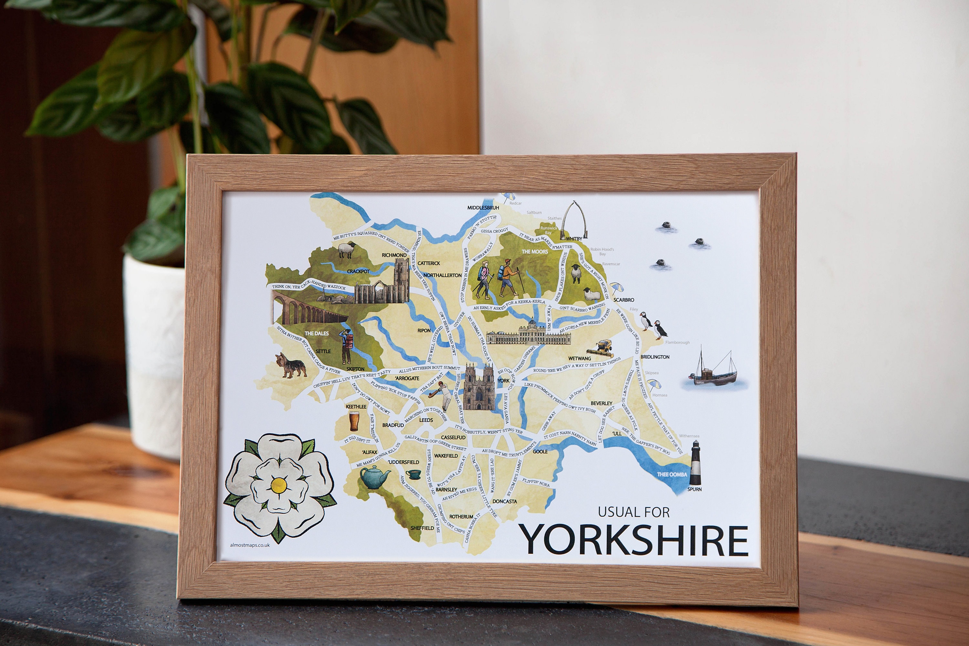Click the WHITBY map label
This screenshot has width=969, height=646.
tap(574, 239)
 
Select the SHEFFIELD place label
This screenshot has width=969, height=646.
tap(422, 528)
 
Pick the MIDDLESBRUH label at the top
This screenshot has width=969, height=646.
tap(483, 208)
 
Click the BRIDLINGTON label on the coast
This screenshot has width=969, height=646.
tap(655, 357)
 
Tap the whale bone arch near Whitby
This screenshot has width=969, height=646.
tap(574, 218)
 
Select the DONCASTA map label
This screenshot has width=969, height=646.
tap(504, 501)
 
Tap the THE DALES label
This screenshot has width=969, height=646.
tap(317, 333)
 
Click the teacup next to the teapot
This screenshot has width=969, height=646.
tap(413, 474)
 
